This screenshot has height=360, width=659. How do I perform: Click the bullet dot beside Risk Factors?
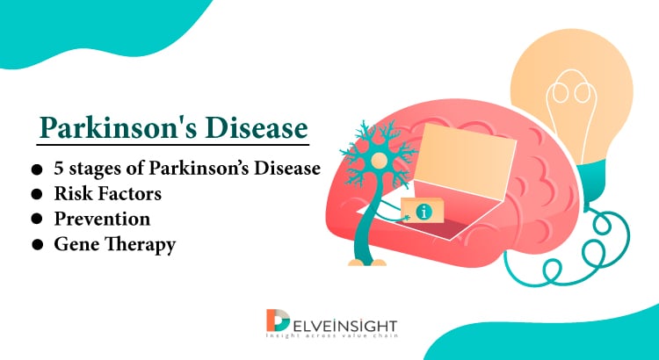click(38, 193)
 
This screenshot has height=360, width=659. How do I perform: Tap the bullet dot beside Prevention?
click(38, 219)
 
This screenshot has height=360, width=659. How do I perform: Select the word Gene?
click(76, 243)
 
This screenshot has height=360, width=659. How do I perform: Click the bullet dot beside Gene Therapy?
click(38, 244)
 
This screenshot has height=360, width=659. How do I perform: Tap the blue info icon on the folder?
click(424, 212)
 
